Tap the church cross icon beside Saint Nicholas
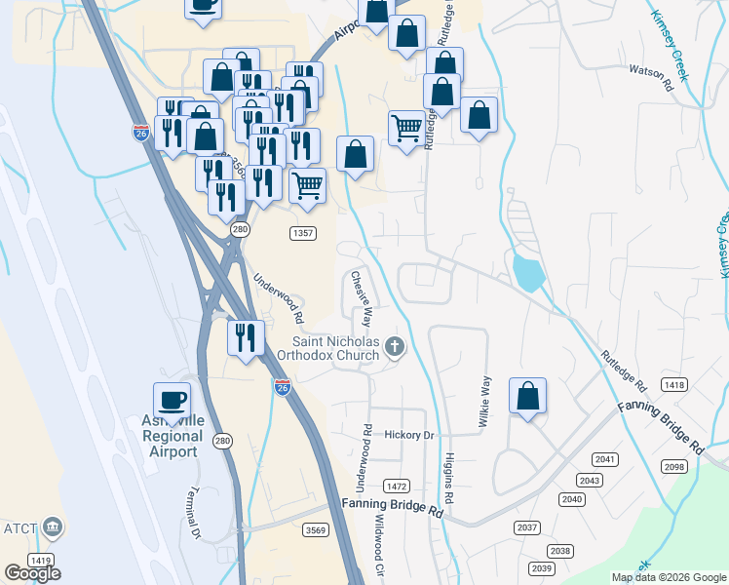394,346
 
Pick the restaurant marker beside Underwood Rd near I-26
246,337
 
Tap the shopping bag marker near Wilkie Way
527,396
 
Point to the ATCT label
19,529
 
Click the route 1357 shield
303,234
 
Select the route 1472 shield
397,486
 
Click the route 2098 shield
674,467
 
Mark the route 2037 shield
527,527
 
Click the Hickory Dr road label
407,435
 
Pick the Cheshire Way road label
361,297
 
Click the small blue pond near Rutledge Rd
527,272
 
